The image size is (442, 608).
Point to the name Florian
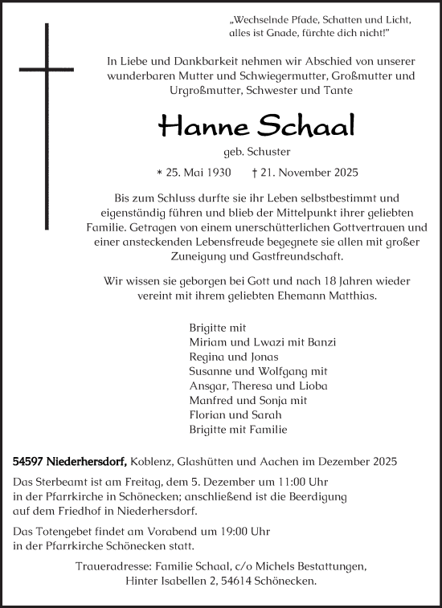pos(207,414)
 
